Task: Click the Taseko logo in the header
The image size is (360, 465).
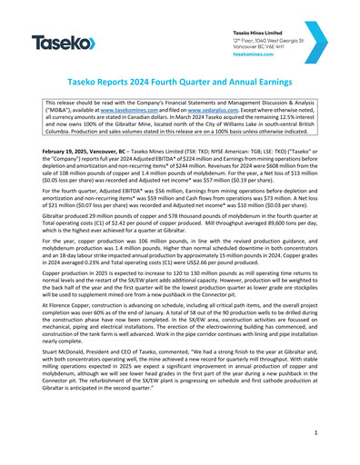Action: coord(63,43)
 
